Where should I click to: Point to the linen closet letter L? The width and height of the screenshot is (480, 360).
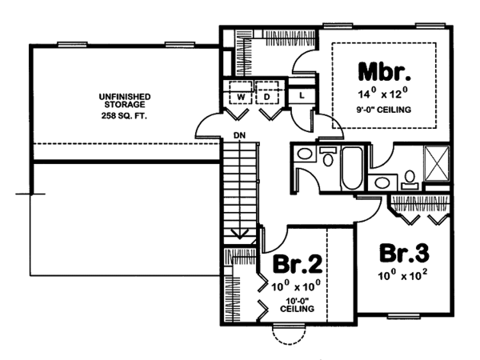click(299, 95)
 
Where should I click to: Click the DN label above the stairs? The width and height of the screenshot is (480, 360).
click(238, 135)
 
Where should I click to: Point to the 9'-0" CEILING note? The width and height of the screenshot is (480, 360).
click(383, 111)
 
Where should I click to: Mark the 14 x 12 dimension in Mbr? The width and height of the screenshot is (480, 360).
click(383, 94)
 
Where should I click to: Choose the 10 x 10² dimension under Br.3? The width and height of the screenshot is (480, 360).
click(404, 276)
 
